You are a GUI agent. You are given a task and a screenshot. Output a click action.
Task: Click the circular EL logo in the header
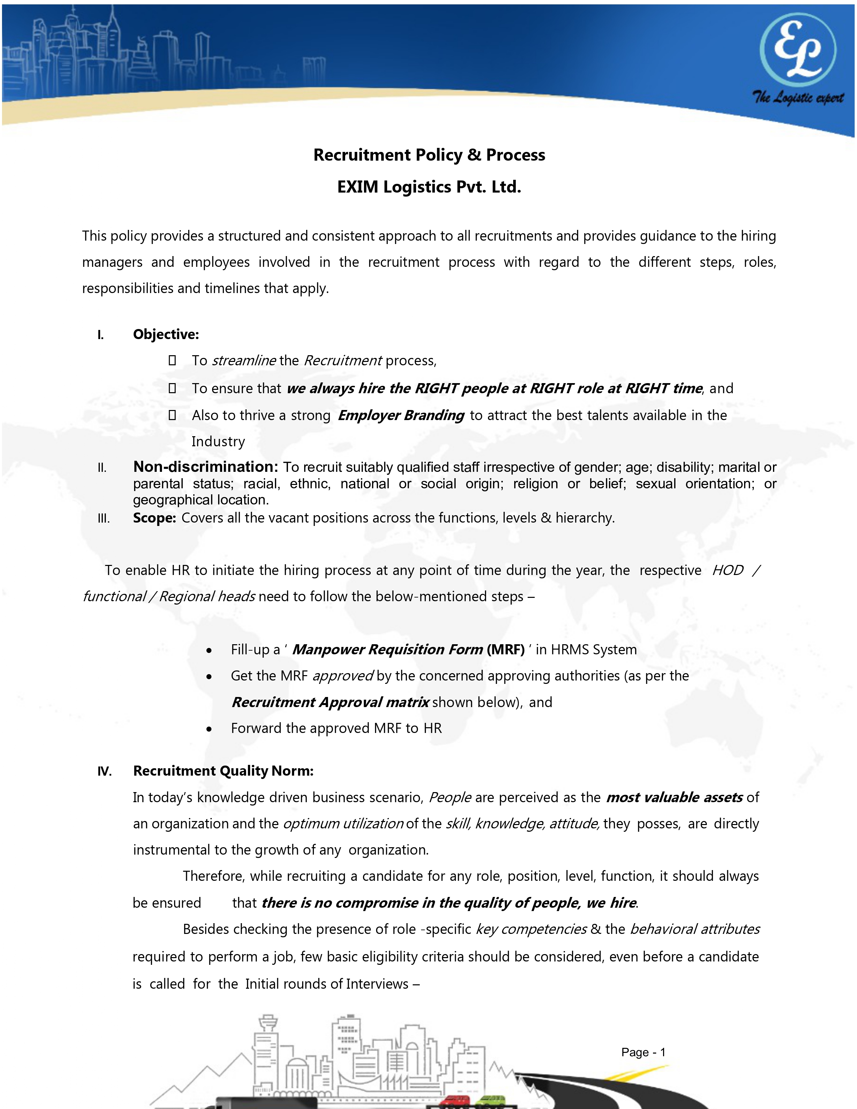click(x=798, y=50)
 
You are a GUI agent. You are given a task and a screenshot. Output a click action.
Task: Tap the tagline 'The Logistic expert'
click(x=798, y=97)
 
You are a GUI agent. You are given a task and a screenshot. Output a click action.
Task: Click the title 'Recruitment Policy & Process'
click(x=429, y=155)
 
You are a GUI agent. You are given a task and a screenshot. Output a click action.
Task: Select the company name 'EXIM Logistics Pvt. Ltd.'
click(x=429, y=187)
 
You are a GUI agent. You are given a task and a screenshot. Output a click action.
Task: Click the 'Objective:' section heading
click(x=166, y=334)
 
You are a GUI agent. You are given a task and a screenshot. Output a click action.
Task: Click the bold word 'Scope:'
click(x=154, y=518)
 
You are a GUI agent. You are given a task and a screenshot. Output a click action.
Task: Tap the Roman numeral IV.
click(x=105, y=771)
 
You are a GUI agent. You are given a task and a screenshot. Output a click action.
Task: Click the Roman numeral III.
click(x=104, y=519)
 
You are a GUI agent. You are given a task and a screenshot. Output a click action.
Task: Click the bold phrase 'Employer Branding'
click(x=401, y=415)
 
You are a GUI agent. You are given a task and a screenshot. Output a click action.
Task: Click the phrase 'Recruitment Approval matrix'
click(x=330, y=702)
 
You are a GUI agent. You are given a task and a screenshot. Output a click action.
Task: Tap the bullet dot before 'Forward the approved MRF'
click(x=209, y=729)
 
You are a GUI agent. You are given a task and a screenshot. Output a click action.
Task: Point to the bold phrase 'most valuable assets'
click(x=675, y=797)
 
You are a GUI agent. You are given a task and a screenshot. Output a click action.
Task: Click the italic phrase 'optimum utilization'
click(x=343, y=824)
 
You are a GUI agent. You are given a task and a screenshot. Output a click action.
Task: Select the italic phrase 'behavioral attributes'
click(x=695, y=929)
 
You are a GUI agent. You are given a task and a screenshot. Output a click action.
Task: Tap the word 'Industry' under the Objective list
click(x=218, y=442)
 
